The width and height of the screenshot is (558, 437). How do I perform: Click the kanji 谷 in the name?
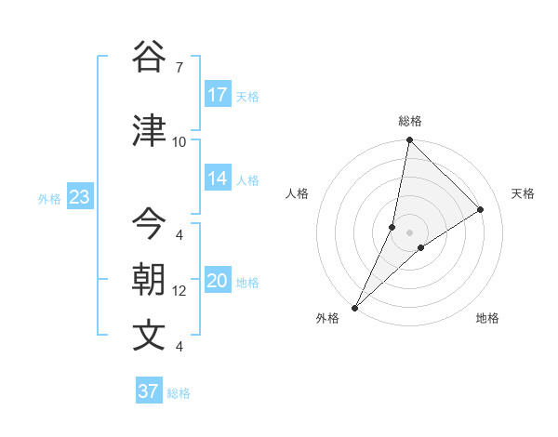tap(149, 57)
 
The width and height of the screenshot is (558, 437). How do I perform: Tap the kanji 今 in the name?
tap(149, 223)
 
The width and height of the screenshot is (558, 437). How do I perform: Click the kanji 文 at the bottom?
tap(149, 336)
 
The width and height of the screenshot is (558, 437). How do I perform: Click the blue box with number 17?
tap(218, 95)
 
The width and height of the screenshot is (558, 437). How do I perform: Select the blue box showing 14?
tap(218, 179)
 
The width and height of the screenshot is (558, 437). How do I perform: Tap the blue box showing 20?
tap(218, 281)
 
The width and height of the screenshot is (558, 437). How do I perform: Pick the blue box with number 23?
tap(79, 197)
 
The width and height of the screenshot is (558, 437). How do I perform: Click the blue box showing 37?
tap(149, 391)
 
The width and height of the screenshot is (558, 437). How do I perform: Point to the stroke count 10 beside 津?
tap(179, 142)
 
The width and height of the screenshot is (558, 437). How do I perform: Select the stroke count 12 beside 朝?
tap(179, 291)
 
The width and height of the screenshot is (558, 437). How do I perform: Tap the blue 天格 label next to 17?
tap(246, 96)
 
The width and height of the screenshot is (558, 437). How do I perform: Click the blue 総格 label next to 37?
tap(179, 392)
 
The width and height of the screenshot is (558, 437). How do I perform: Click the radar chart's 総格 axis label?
tap(409, 121)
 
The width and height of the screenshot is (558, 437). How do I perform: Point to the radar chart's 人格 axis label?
tap(297, 193)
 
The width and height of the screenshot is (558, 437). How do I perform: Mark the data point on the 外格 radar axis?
tap(354, 307)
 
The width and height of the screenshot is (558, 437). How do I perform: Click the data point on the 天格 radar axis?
tap(481, 210)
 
